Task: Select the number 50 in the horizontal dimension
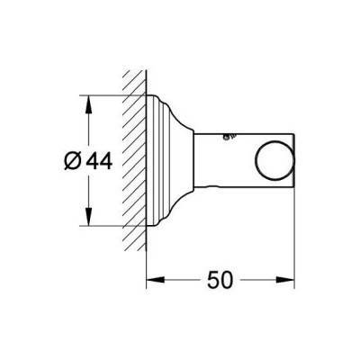[x=220, y=280]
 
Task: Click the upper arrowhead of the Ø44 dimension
[x=87, y=101]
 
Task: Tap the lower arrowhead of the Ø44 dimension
[x=87, y=223]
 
